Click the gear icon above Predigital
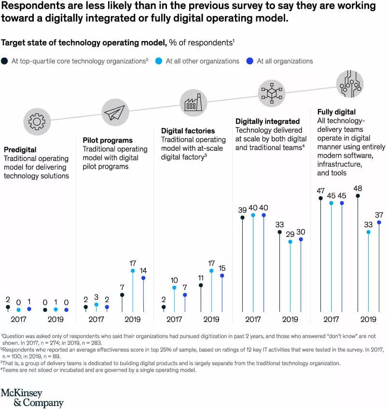(x=36, y=121)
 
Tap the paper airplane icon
(x=115, y=113)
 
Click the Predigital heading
(x=20, y=150)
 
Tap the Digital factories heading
(x=188, y=131)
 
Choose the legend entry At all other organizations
(x=202, y=61)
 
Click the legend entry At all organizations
(x=285, y=61)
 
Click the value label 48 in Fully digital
(x=358, y=189)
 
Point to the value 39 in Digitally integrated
(x=242, y=210)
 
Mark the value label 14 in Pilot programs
(x=143, y=270)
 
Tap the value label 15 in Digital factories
(x=222, y=268)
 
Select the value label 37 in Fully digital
(x=379, y=215)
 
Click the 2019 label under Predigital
(x=55, y=319)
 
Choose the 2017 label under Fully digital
(x=331, y=319)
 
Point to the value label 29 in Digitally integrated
(x=290, y=234)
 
